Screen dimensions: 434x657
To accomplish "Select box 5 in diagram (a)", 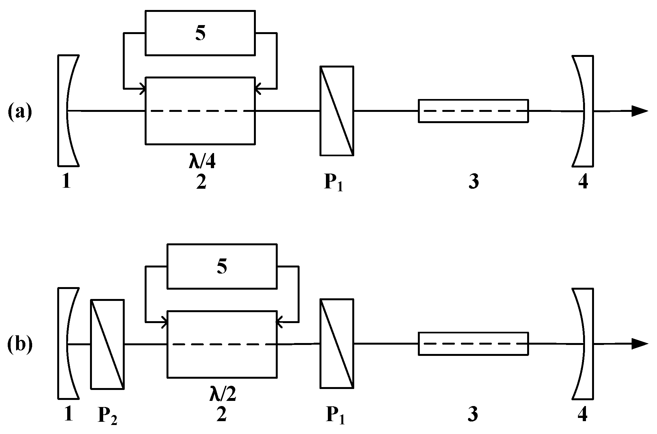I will (200, 33).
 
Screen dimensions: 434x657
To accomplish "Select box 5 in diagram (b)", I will (222, 266).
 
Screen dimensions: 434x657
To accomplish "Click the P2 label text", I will (107, 416).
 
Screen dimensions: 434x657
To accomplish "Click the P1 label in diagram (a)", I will (333, 183).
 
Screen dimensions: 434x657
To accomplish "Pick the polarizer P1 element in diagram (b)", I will (337, 343).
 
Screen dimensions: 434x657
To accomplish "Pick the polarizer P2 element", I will (107, 344).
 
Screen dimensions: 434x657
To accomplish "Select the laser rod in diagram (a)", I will (473, 111).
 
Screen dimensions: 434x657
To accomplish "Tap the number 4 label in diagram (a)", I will (583, 182).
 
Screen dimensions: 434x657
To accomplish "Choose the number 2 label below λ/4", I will (201, 182).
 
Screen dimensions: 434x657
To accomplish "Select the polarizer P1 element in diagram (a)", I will (337, 111).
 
